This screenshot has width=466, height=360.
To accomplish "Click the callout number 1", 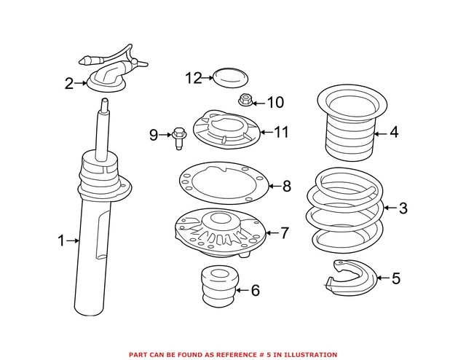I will pos(62,239).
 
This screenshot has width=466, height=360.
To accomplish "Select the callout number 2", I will pos(69,84).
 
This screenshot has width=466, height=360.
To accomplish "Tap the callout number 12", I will pos(192,77).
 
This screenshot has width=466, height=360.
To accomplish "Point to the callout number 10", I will pos(275,103).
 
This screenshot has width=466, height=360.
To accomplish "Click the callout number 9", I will pos(154,134).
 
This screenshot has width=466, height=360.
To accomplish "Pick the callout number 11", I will pos(281,133).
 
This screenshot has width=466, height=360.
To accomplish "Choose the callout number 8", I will pos(286,187).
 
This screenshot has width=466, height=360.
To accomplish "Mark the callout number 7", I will pos(285,233).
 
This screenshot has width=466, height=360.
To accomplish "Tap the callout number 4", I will pos(394,133).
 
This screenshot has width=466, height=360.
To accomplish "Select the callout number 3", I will pos(403,209).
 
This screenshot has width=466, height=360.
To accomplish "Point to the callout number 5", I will pos(395,278).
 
